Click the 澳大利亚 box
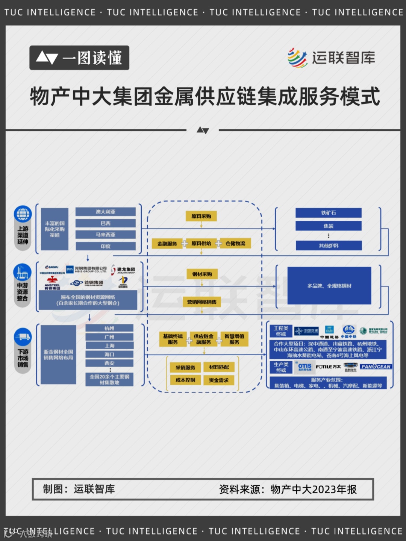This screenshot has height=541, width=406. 105,212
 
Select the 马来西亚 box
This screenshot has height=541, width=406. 105,235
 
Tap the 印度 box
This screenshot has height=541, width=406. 105,246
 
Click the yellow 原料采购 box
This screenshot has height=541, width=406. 201,216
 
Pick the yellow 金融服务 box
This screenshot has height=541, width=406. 167,244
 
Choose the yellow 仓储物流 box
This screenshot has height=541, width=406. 235,244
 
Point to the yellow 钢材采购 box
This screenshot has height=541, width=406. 202,274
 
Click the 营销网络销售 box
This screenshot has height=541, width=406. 202,302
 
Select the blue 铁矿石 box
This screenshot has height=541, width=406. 328,213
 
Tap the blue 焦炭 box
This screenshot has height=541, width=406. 328,226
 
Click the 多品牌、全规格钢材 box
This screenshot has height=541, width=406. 329,286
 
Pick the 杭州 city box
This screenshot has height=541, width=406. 109,328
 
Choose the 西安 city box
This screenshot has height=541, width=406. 109,363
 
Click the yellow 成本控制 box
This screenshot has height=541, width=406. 185,380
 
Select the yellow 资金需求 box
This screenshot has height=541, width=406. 219,380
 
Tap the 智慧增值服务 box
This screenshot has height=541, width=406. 234,339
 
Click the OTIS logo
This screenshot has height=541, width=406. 304,367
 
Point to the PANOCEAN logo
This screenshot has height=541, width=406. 376,367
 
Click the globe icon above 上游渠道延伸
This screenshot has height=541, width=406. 23,214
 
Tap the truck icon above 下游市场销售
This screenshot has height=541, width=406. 23,336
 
